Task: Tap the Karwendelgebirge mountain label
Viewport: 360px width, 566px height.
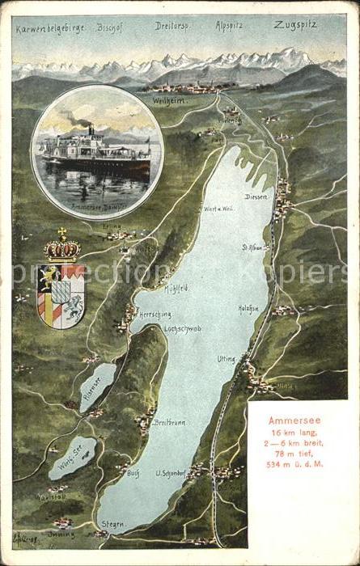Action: tap(50, 28)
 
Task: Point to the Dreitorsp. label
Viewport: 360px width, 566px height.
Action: tap(173, 26)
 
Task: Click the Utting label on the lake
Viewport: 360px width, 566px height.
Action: tap(227, 358)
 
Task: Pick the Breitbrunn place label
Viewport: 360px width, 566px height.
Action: tap(170, 421)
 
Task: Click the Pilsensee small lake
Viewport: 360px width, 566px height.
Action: tap(97, 386)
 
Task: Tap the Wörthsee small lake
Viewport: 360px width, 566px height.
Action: tap(73, 457)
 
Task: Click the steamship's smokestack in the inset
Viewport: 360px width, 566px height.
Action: tap(91, 129)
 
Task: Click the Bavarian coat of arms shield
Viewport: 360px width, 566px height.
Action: tap(61, 295)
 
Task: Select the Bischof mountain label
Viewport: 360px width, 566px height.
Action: tap(109, 27)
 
